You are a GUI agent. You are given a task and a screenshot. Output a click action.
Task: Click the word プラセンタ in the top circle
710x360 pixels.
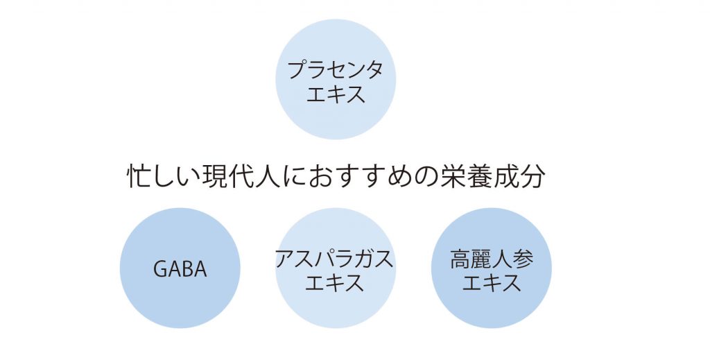coord(336,70)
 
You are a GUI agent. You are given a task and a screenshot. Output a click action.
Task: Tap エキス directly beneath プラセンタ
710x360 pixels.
coord(336,94)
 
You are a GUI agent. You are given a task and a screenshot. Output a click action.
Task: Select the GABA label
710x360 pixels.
coord(180,269)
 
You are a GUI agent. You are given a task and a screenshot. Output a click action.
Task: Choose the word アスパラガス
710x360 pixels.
coord(335,259)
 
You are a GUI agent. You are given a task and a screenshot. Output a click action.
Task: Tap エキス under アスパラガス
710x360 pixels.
coord(335,283)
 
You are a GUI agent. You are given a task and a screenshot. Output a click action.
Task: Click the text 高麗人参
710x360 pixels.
coord(492,259)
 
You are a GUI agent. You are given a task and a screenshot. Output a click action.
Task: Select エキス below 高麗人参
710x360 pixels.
coord(492,283)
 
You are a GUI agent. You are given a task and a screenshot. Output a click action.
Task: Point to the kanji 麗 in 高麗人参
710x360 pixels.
coord(481,259)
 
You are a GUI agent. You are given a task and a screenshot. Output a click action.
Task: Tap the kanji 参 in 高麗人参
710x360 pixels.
coord(523,259)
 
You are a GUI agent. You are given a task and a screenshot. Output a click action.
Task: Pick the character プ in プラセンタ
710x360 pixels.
coord(297,70)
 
